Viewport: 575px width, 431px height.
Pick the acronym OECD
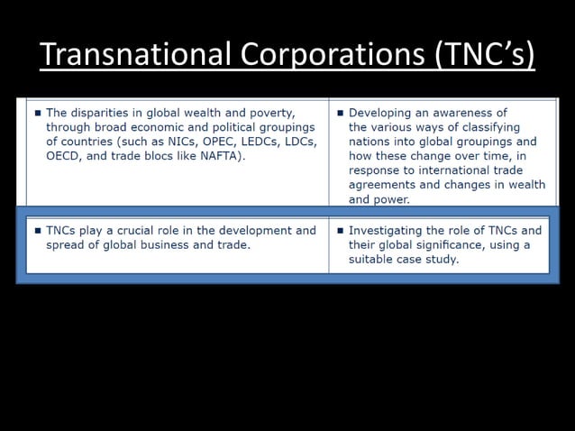(x=64, y=156)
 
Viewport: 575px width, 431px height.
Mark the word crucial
(x=171, y=231)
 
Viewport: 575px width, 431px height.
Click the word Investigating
(x=388, y=231)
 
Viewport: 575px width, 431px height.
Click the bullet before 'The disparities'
(x=37, y=114)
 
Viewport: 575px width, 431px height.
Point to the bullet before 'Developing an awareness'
(x=340, y=114)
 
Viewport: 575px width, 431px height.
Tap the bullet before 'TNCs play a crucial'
(x=37, y=231)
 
